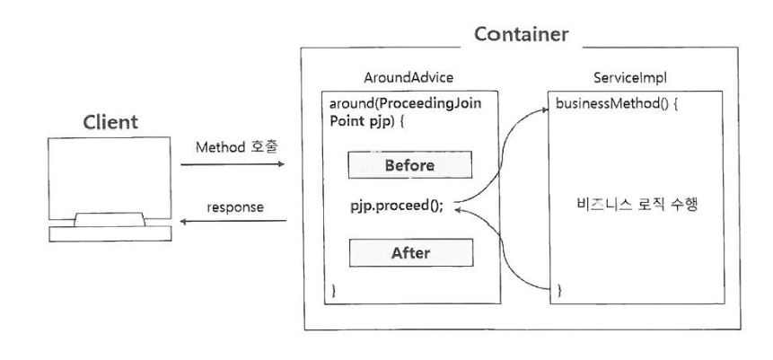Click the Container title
tap(521, 36)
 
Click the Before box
tap(409, 166)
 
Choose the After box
tap(409, 252)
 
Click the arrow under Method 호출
tap(233, 165)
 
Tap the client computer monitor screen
tap(108, 178)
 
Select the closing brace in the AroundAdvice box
tap(334, 290)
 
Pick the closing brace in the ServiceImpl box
tap(559, 290)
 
